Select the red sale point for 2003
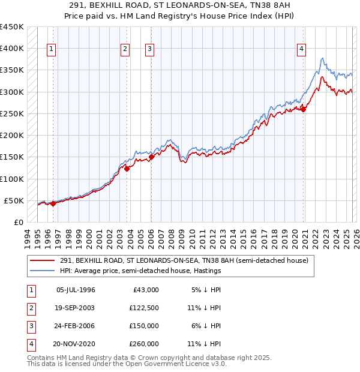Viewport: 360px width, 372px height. coord(127,169)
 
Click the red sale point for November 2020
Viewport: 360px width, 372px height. coord(304,109)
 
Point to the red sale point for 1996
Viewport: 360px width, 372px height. coord(53,203)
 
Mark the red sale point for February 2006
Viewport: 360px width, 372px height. coord(151,157)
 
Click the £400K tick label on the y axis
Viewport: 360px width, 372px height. coord(12,49)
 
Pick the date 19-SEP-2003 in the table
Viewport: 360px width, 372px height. coord(75,307)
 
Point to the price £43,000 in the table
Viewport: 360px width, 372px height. coord(145,290)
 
